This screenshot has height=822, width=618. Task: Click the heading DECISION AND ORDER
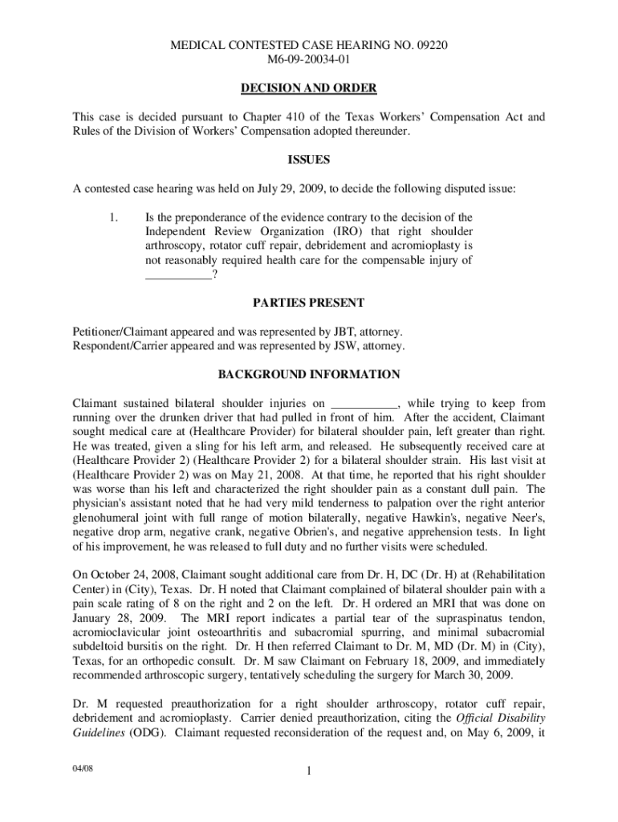[x=309, y=87]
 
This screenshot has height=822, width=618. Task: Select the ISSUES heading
[x=309, y=160]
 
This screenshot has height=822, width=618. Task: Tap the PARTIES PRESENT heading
[x=309, y=303]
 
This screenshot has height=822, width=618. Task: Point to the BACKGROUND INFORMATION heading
[x=309, y=374]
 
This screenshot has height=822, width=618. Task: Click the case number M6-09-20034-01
[x=309, y=59]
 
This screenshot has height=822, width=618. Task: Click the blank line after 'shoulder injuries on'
[x=365, y=403]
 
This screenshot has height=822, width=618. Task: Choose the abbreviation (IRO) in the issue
[x=348, y=231]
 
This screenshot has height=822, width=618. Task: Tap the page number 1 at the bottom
[x=309, y=773]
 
